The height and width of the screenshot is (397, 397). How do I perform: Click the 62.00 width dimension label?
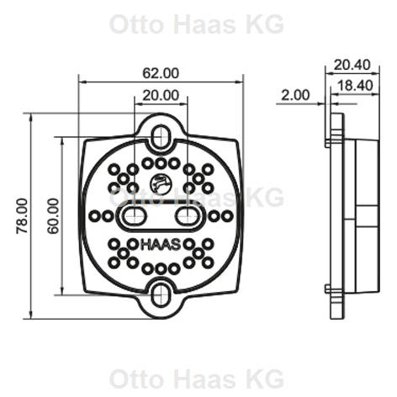point(161,73)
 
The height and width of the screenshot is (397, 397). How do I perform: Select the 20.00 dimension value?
point(161,95)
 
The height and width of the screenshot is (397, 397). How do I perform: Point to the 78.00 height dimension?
point(22,216)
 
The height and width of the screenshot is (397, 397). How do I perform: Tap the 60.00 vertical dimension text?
point(53,216)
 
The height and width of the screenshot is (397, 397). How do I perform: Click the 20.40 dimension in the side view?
point(352,65)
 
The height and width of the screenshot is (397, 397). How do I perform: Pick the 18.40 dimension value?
point(355,85)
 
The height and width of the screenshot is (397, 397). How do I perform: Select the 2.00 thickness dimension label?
point(295,95)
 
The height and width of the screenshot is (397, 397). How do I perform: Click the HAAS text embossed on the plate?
point(161,245)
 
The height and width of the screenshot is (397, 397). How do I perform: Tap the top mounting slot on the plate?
point(161,137)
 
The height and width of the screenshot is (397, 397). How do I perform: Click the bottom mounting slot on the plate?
point(161,295)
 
